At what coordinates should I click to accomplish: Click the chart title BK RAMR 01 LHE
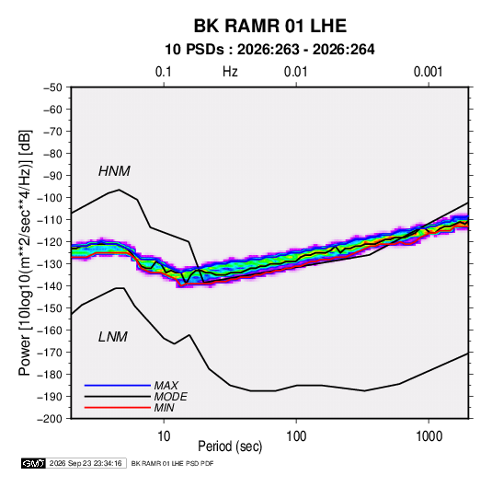coord(270,26)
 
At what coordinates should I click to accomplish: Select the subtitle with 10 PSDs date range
coord(269,50)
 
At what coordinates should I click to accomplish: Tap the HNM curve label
coord(114,171)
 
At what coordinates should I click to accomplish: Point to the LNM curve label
coord(113,337)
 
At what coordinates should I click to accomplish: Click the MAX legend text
coord(166,386)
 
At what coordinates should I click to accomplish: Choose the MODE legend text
coord(171,397)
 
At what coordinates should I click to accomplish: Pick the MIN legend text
coord(164,408)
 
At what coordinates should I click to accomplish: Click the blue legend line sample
coord(118,386)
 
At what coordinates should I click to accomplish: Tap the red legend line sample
coord(118,408)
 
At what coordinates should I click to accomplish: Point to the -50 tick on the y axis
coord(52,87)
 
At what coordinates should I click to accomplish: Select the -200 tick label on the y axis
coord(50,419)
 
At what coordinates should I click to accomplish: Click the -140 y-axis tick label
coord(50,286)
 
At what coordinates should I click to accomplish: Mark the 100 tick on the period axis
coord(296,436)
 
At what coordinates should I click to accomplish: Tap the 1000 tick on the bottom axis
coord(429,436)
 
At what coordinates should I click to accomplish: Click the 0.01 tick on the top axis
coord(295,72)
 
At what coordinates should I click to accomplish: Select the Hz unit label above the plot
coord(230,72)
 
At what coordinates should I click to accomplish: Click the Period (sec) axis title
coord(230,446)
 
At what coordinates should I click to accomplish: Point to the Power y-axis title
coord(25,253)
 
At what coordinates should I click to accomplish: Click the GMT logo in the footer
coord(34,463)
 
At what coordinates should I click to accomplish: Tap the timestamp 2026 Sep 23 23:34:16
coord(86,463)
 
